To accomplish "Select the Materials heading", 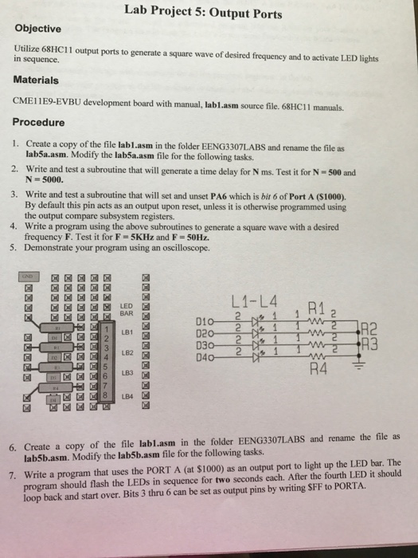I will click(36, 81).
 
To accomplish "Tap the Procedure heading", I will click(39, 123).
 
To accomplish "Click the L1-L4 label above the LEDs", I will click(252, 304).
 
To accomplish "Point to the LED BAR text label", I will click(126, 308).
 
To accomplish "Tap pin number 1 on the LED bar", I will click(104, 329).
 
